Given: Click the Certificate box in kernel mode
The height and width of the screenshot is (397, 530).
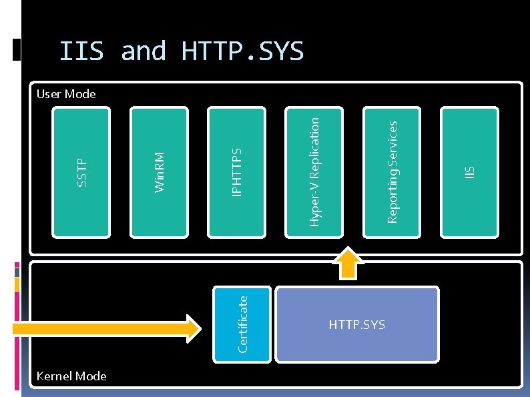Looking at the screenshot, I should click(x=242, y=324).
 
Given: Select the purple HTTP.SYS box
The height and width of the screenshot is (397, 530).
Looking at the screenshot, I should click(x=357, y=324).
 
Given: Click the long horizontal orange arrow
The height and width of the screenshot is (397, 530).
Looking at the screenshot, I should click(x=107, y=328).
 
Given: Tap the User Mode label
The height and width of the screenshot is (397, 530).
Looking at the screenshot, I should click(x=66, y=94).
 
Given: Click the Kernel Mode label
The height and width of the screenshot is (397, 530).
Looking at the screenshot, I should click(x=71, y=376).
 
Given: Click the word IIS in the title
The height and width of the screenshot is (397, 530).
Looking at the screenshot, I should click(x=82, y=51).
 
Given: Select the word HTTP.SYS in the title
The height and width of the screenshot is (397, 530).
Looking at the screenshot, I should click(x=242, y=51).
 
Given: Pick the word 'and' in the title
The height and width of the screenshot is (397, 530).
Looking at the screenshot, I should click(x=144, y=51).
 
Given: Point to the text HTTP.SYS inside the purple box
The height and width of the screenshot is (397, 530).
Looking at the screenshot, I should click(x=357, y=325).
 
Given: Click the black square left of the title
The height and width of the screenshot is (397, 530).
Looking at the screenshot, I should click(x=17, y=51).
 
